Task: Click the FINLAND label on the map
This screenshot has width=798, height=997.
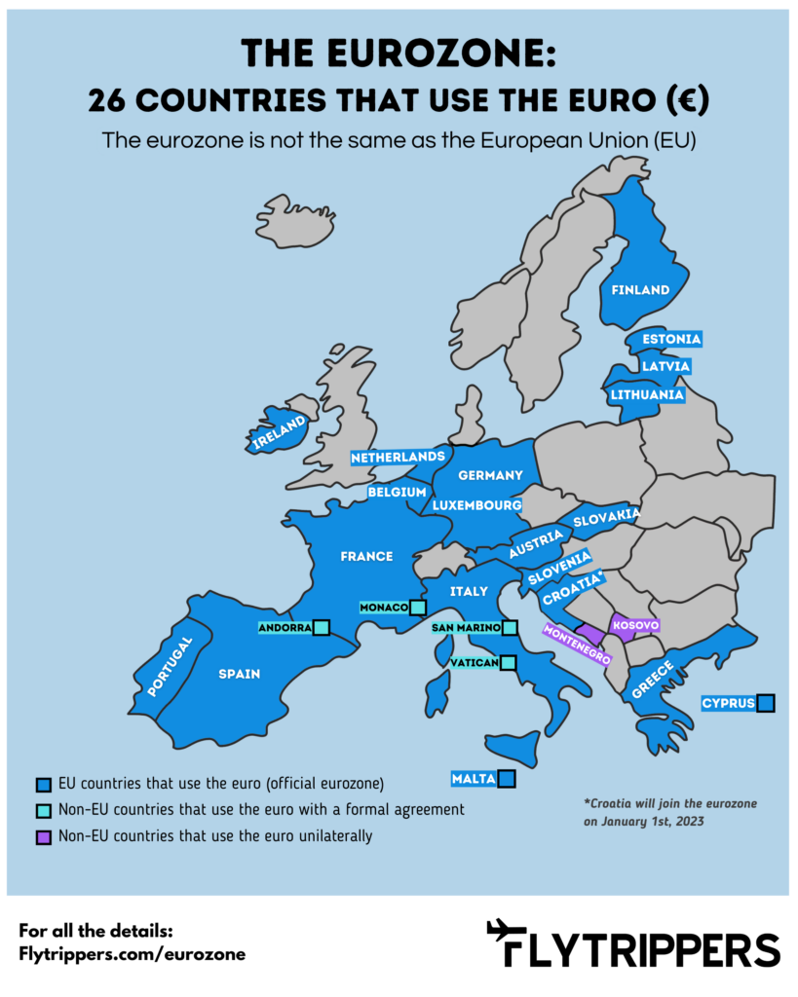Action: [639, 289]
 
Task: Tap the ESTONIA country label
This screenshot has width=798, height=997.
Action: [671, 339]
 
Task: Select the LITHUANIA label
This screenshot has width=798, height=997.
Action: [647, 395]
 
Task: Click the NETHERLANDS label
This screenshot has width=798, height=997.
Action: [398, 457]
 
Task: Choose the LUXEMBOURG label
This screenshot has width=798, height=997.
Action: [477, 505]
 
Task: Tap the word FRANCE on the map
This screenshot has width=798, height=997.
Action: [366, 556]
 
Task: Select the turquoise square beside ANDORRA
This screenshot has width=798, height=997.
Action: [322, 628]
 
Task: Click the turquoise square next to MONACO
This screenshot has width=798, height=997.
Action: [418, 608]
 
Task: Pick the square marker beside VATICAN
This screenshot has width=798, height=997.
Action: [508, 663]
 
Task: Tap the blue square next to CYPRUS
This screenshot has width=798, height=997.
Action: [766, 702]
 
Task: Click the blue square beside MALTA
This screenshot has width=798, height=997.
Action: [506, 778]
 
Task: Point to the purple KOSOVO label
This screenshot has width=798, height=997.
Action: [635, 623]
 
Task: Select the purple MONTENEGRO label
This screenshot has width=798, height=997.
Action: [579, 644]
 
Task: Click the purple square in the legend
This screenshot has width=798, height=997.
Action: [43, 835]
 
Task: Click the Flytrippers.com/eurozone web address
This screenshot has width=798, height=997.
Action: [132, 954]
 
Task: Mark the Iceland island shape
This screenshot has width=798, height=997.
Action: [294, 220]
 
